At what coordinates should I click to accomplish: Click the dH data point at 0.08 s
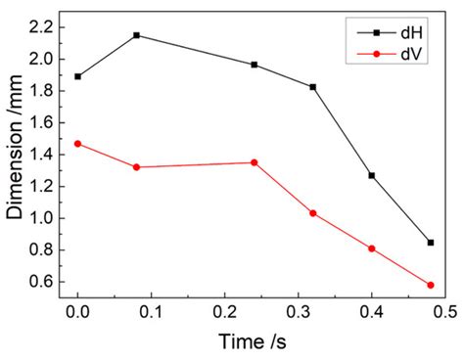coord(136,35)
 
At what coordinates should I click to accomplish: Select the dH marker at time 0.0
coord(77,76)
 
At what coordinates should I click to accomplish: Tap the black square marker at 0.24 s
coord(255,65)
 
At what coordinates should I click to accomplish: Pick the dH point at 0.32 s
coord(313,87)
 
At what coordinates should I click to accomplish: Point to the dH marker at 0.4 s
coord(372,175)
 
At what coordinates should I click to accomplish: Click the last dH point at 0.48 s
coord(431,242)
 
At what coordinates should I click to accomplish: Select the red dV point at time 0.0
coord(77,144)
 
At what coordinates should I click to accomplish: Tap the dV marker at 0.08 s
coord(136,167)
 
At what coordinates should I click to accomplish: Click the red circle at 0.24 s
coord(255,162)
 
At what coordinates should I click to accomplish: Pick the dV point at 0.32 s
coord(313,213)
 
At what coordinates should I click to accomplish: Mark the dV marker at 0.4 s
coord(372,248)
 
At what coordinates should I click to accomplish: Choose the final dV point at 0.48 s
coord(431,285)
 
